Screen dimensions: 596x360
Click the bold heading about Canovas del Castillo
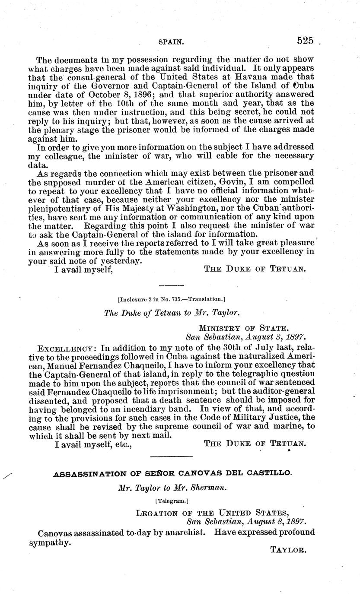coord(172,474)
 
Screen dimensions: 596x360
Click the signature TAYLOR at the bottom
coord(288,550)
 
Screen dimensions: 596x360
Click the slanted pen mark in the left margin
coord(7,476)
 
